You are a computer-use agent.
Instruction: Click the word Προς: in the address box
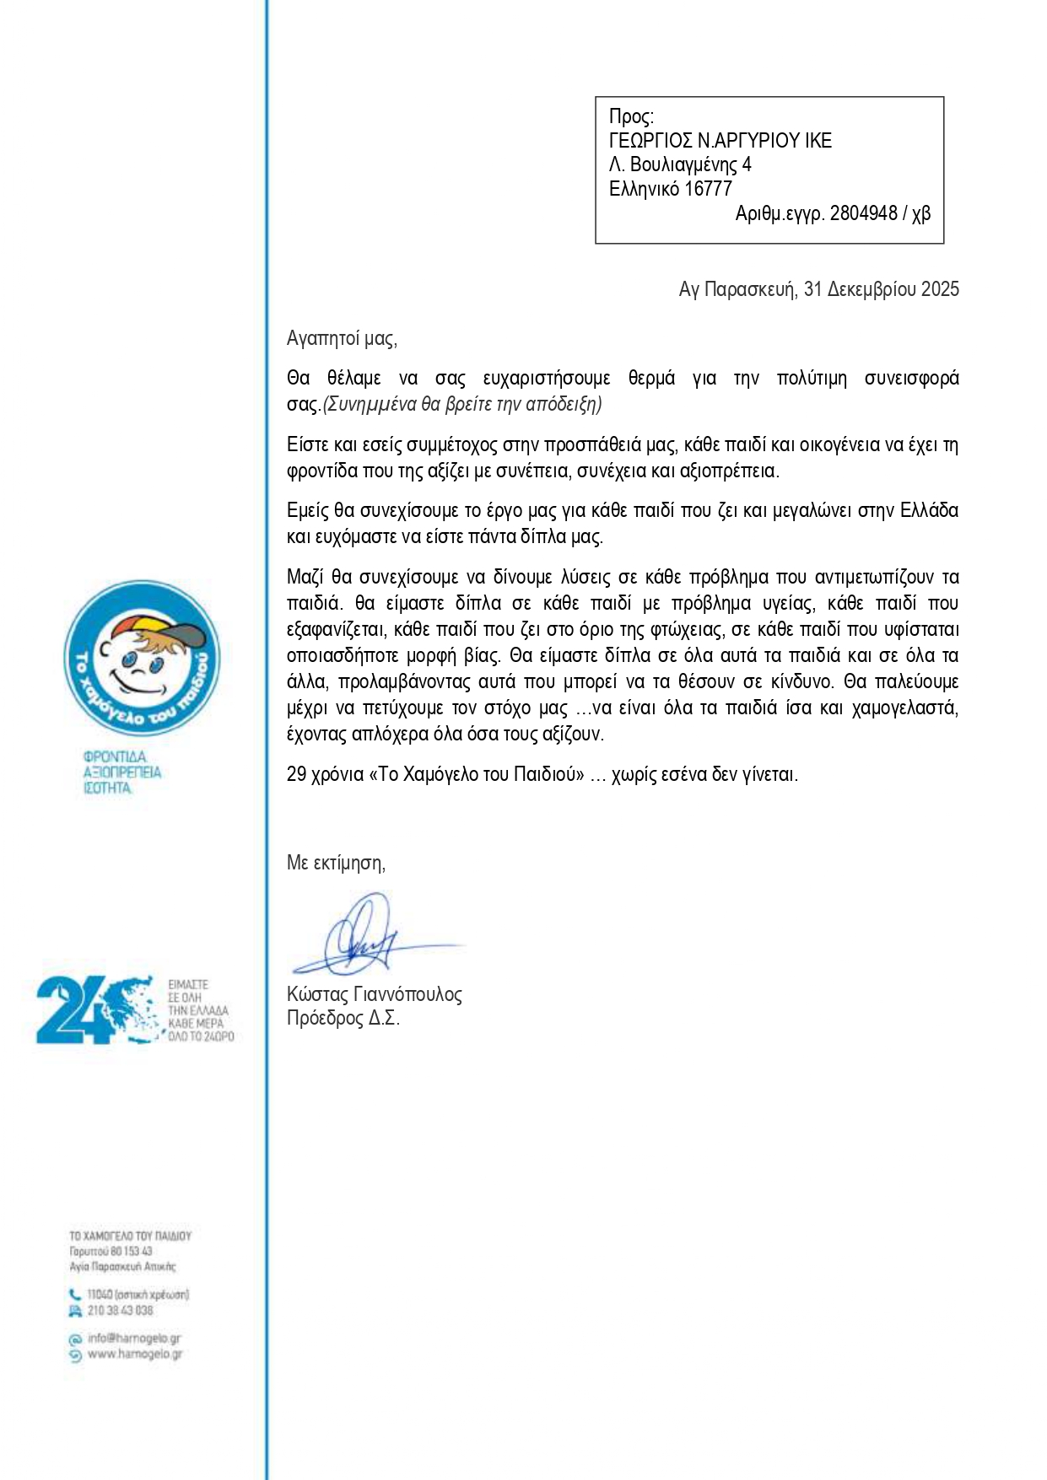(630, 116)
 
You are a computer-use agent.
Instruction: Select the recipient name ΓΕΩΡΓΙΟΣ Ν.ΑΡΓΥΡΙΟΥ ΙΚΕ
(720, 141)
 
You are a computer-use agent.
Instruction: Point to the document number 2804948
(863, 213)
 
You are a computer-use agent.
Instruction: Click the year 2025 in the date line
(940, 289)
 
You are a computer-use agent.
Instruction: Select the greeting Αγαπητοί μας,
(342, 339)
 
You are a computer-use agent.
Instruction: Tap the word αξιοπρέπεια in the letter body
(728, 471)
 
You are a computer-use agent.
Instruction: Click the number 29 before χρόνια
(296, 774)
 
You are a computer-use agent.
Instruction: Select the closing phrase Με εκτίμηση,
(336, 863)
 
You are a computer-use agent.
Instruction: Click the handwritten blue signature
(364, 937)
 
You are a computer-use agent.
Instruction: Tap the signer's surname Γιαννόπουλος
(413, 994)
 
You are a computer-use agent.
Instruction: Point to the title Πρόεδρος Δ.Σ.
(343, 1018)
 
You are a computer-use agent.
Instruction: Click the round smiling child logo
(142, 658)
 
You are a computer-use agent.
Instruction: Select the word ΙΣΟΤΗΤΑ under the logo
(108, 788)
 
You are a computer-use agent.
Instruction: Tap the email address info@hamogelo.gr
(133, 1338)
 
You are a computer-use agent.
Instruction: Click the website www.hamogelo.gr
(134, 1354)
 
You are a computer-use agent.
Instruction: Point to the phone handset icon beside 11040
(75, 1294)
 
